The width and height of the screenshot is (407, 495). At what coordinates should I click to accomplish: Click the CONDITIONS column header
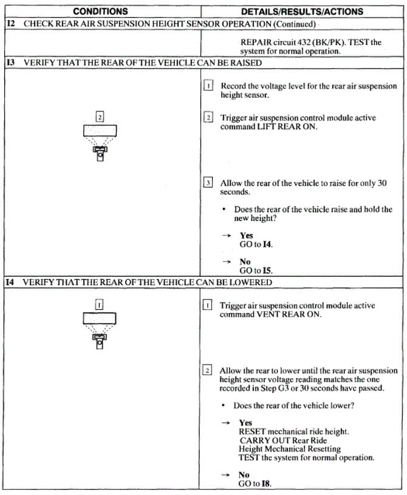point(100,12)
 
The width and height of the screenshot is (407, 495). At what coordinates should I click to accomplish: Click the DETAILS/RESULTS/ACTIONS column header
point(302,12)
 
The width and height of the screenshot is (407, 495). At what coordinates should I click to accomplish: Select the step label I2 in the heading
point(11,24)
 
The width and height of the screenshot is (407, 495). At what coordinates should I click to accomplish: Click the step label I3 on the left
point(11,62)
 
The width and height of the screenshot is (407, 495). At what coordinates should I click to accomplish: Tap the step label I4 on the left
point(11,283)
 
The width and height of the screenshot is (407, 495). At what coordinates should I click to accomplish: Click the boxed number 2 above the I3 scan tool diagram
point(100,115)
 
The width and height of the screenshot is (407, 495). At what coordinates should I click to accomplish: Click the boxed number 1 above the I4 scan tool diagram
point(100,305)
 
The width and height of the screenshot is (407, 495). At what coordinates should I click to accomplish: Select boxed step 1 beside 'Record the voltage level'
point(208,86)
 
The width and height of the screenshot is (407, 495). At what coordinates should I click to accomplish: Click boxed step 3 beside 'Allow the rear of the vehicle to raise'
point(208,183)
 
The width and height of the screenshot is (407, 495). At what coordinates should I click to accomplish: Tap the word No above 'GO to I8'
point(244,475)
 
